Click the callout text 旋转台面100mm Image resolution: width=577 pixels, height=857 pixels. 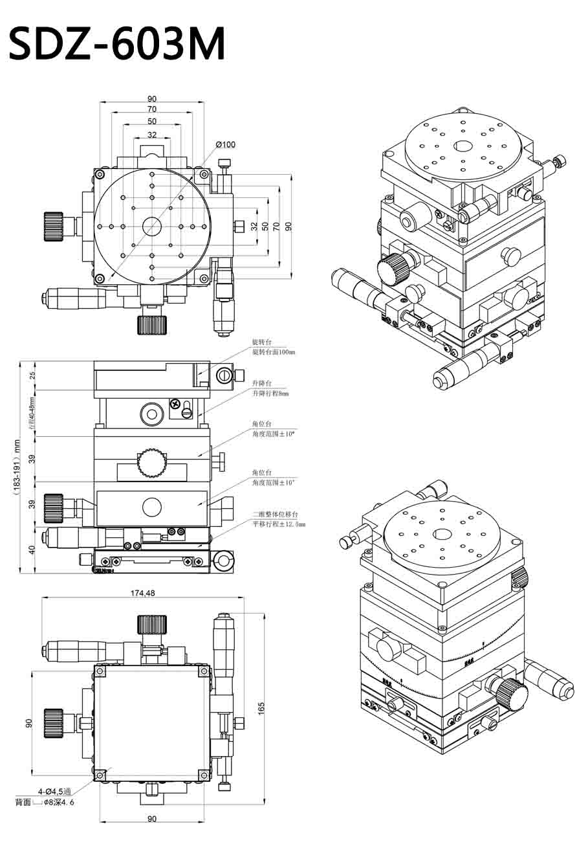[x=273, y=352]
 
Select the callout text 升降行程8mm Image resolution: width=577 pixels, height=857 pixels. [x=270, y=393]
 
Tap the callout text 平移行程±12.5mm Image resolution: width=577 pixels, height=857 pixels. [x=278, y=524]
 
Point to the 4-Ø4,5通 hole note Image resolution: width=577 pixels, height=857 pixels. [x=54, y=791]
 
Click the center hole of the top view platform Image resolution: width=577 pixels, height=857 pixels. [x=152, y=226]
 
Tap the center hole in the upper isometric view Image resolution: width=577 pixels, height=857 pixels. [x=463, y=146]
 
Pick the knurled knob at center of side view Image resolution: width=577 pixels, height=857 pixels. [x=151, y=460]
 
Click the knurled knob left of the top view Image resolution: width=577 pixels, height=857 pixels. [x=54, y=226]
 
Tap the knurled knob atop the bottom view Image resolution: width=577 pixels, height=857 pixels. [x=152, y=625]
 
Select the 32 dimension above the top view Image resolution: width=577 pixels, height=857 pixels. [x=152, y=135]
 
